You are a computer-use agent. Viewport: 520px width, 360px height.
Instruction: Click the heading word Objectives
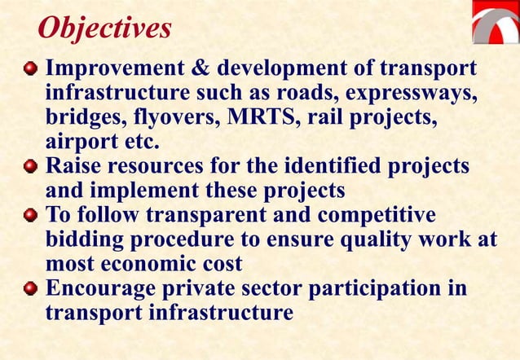[x=104, y=29]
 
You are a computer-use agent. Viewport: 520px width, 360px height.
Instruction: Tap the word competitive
[x=377, y=215]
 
